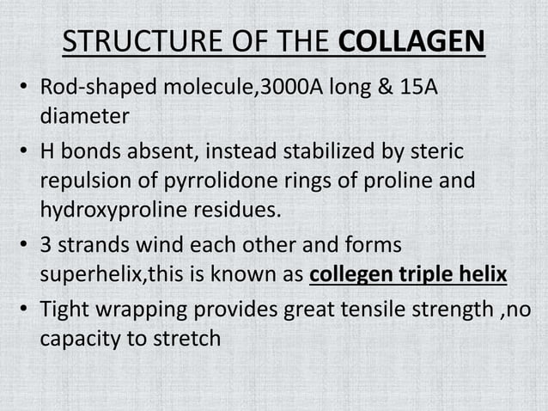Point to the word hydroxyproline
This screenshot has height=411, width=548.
pyautogui.click(x=108, y=208)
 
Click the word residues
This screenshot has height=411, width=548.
pyautogui.click(x=227, y=208)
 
